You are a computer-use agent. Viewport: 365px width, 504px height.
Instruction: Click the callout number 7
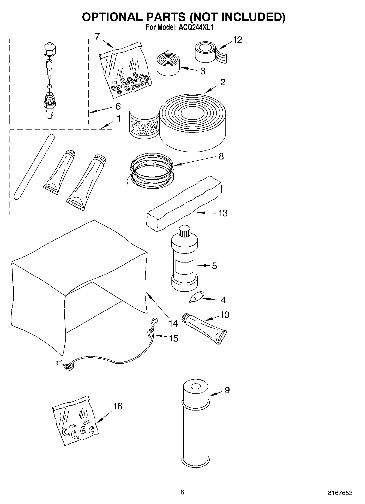point(98,36)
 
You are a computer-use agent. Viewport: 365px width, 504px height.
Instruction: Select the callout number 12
point(237,40)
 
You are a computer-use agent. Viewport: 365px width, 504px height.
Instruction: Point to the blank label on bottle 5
point(185,267)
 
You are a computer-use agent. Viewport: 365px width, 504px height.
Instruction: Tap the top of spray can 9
point(195,387)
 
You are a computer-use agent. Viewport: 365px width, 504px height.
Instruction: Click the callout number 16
point(118,406)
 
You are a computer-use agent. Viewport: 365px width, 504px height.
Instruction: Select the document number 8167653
point(340,493)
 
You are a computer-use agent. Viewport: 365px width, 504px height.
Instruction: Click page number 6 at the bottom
point(182,492)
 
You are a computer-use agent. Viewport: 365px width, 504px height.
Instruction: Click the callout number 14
point(173,324)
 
